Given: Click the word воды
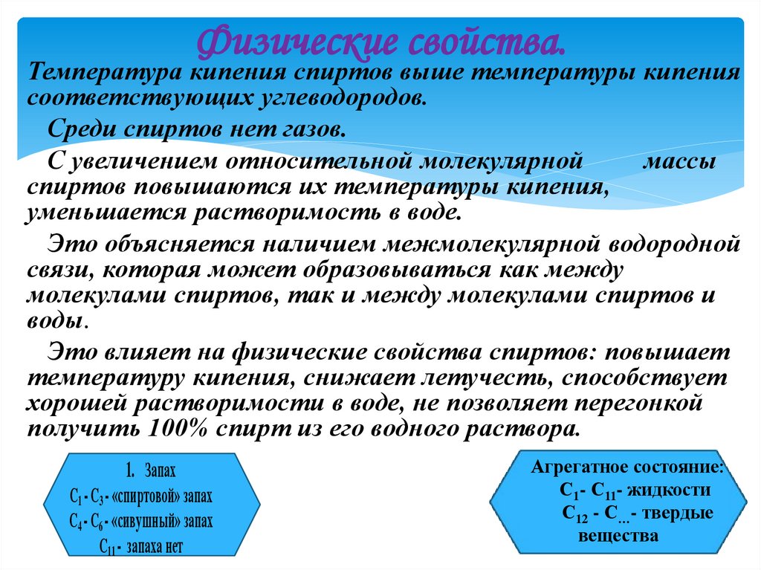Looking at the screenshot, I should (55, 323).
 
